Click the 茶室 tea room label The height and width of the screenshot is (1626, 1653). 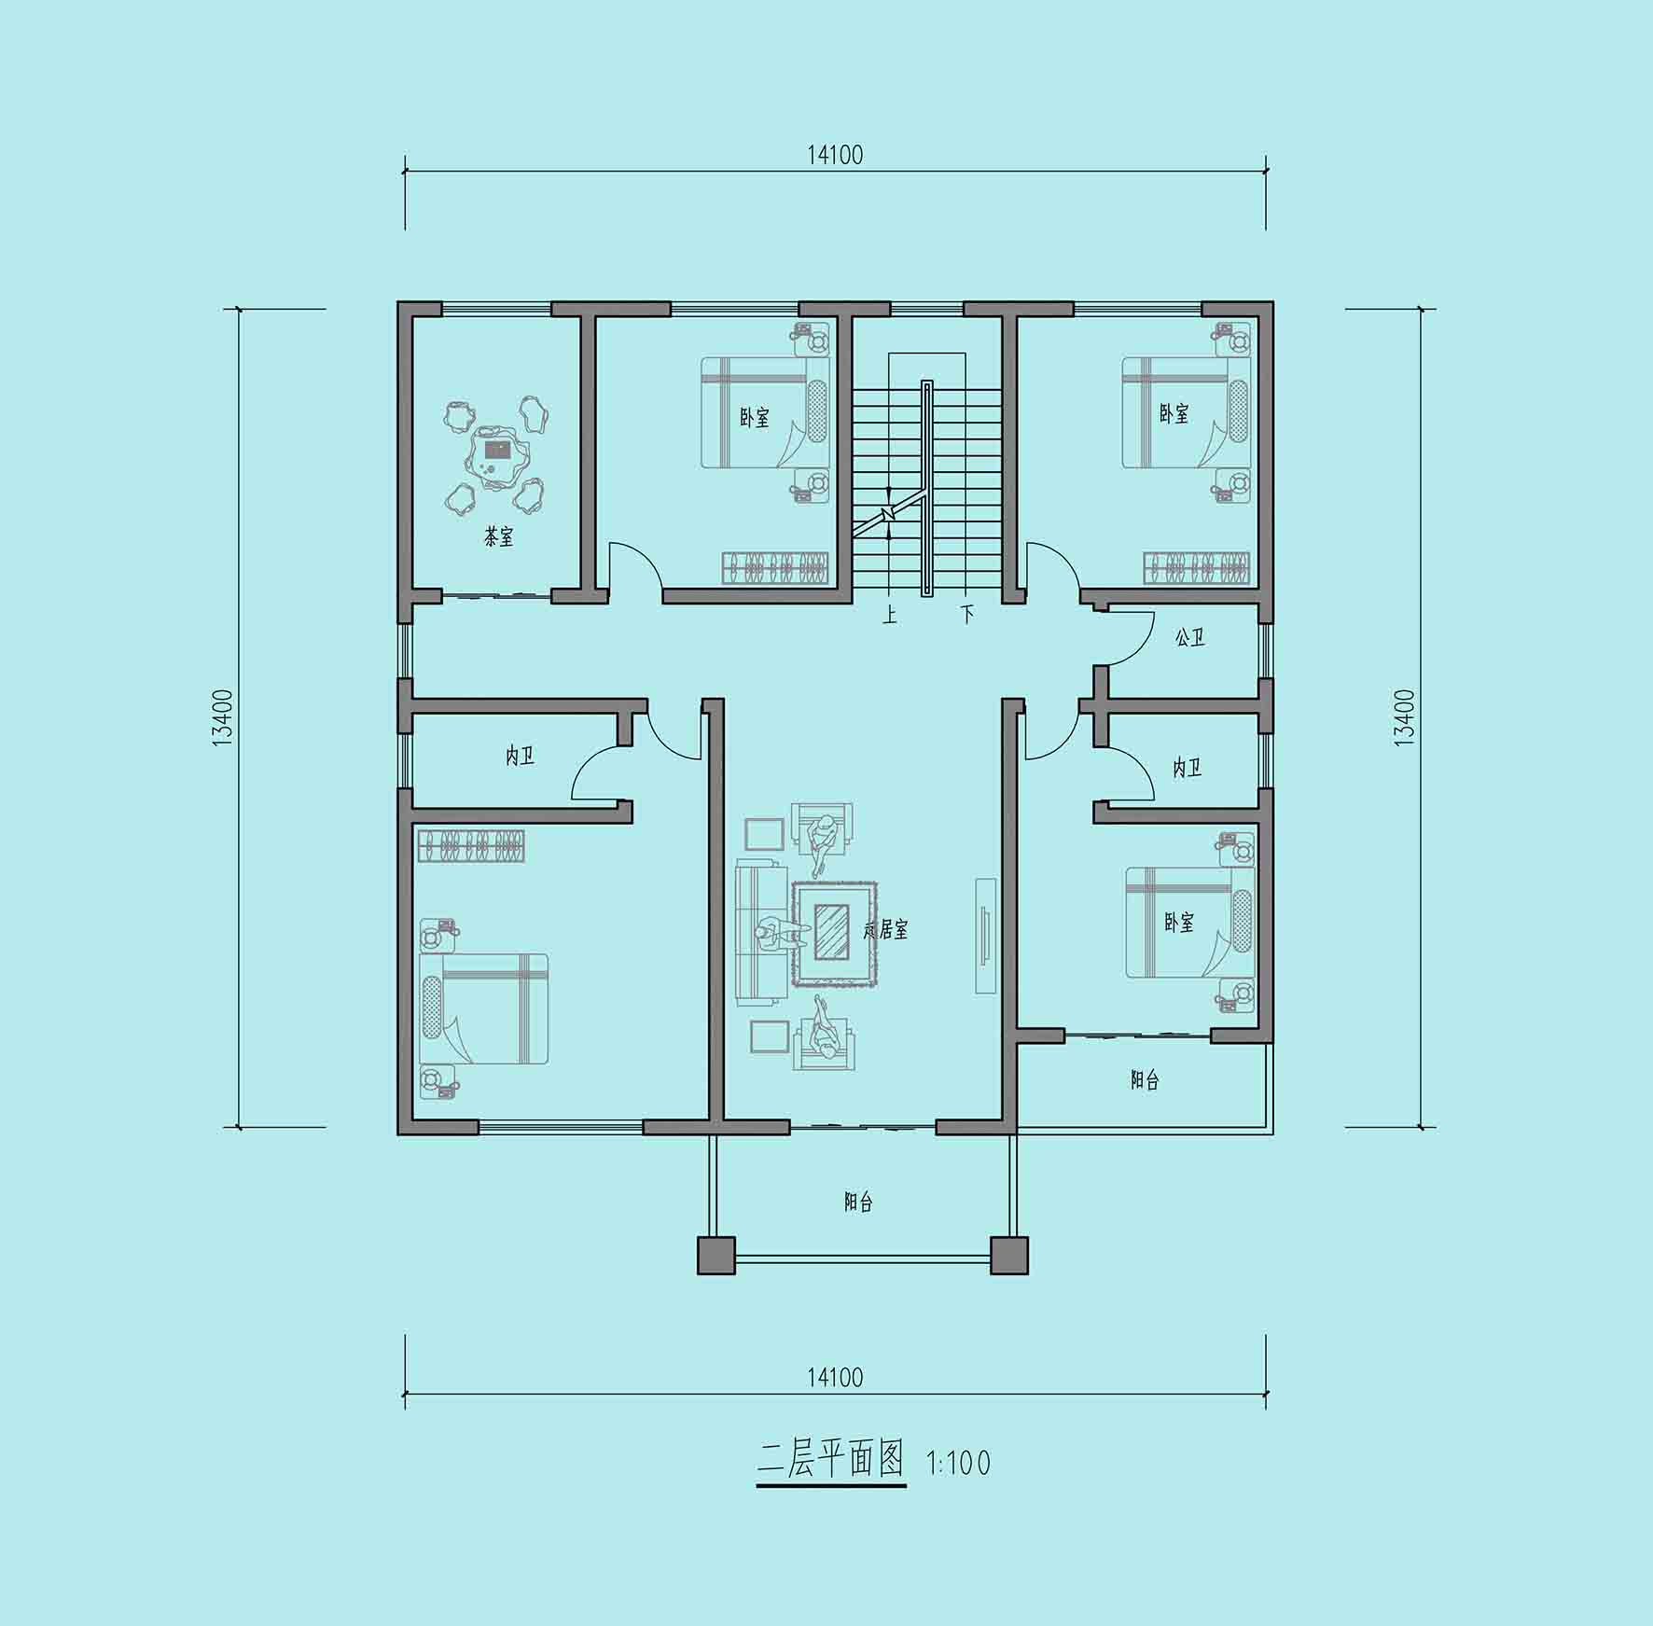coord(498,537)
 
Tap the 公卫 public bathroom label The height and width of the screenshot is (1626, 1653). coord(1189,638)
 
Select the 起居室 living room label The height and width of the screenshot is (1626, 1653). coord(885,930)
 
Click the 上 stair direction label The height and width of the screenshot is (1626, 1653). coord(890,615)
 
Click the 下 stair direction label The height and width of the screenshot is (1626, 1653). coord(967,615)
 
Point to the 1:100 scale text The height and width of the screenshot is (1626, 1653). coord(958,1462)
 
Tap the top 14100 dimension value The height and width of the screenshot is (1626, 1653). coord(835,155)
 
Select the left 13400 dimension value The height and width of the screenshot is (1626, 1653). coord(222,718)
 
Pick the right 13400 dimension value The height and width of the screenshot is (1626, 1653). coord(1404,716)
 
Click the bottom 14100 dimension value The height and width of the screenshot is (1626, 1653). coord(835,1377)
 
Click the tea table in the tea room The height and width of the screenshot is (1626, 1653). coord(498,456)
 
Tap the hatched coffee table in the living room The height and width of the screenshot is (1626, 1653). coord(832,931)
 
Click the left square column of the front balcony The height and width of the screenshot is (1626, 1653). coord(716,1256)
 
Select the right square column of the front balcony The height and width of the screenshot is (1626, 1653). coord(1009,1256)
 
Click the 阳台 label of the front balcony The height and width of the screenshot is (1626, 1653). coord(858,1202)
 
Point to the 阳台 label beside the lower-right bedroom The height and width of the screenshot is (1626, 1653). coord(1145,1080)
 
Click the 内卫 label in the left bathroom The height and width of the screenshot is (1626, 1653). coord(520,757)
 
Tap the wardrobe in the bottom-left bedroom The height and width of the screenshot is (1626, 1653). coord(471,845)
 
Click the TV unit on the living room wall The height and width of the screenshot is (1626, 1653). coord(986,935)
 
